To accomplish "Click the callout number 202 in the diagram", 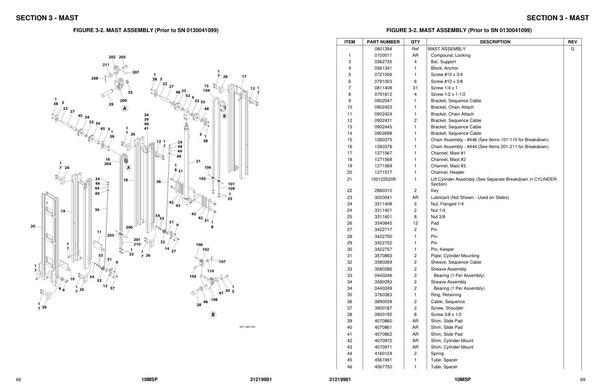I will tap(112, 57).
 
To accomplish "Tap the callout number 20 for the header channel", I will tap(33, 227).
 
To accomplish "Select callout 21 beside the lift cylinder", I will tap(198, 161).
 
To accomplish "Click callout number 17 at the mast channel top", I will tap(244, 77).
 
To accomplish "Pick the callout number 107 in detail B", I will tap(222, 262).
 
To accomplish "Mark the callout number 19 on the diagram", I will tap(63, 211).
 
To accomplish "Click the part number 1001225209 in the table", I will tap(383, 179).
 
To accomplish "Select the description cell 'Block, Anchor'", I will tap(444, 68).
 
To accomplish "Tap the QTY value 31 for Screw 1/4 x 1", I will tap(415, 88).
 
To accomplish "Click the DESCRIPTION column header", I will tap(495, 42).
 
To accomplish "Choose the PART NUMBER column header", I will tap(383, 42).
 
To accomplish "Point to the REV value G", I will tap(572, 49).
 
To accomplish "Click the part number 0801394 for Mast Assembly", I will tap(383, 49).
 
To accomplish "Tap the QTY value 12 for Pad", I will tap(415, 223).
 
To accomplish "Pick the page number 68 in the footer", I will tap(18, 380).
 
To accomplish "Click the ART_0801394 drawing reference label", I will tap(247, 327).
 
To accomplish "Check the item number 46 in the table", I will tap(349, 367).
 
